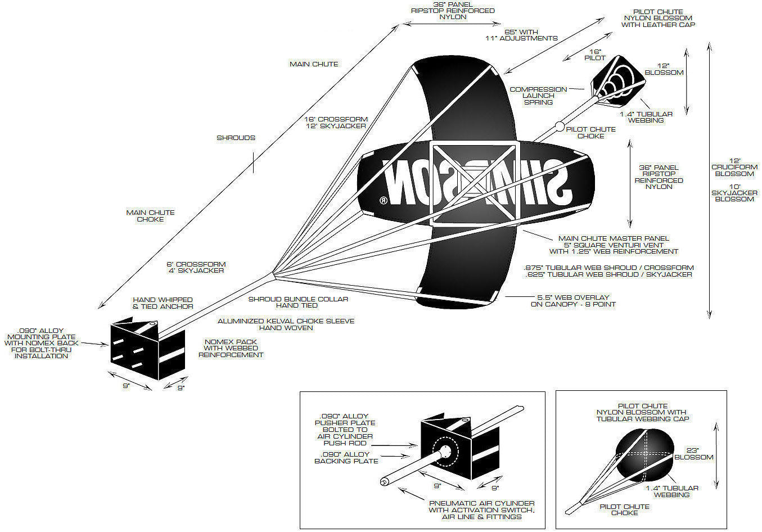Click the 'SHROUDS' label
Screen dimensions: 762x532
236,138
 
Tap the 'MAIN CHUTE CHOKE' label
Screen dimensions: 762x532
150,216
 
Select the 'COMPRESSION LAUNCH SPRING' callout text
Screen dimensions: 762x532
538,96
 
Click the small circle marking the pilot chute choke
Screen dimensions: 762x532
560,127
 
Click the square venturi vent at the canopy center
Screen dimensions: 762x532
473,184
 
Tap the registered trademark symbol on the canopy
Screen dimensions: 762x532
384,200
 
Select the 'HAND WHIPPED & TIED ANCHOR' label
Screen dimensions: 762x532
163,303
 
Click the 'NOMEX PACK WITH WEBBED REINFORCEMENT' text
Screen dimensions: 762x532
231,348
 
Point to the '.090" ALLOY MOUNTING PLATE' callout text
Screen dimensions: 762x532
41,343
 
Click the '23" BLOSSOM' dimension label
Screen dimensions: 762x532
693,454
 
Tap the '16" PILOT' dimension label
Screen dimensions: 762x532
595,55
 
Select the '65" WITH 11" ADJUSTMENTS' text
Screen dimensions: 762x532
521,35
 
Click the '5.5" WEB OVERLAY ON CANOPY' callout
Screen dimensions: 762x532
573,301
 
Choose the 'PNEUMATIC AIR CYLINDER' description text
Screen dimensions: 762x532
482,510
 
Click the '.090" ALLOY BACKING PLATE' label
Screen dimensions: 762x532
346,458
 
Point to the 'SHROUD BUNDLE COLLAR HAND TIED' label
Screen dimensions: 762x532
298,303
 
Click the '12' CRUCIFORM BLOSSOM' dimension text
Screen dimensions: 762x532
734,168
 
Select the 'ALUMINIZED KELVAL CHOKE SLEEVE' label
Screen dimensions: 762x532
286,324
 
